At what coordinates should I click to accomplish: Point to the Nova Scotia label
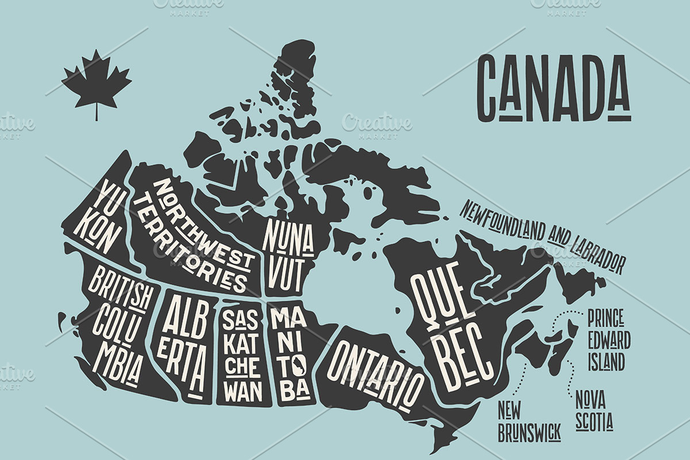594,412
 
